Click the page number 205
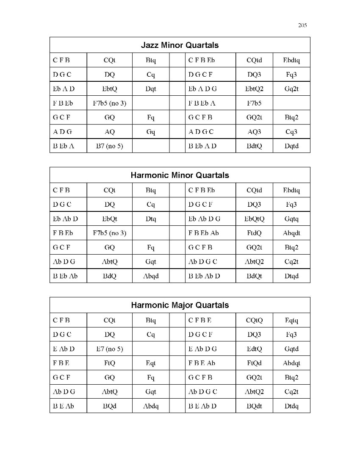tap(302, 25)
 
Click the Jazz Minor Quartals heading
tap(180, 45)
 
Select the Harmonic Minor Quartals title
tap(180, 175)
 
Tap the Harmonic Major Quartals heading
tap(180, 305)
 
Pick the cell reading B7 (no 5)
tap(109, 146)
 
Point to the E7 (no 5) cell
tap(109, 349)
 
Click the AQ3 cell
tap(254, 131)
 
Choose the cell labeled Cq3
tap(291, 131)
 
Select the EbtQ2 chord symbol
tap(254, 89)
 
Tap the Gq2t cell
tap(291, 89)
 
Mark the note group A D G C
tap(201, 131)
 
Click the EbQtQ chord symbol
tap(254, 219)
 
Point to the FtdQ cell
tap(254, 233)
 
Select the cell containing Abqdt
tap(291, 233)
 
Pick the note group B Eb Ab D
tap(204, 276)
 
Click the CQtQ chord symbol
tap(254, 320)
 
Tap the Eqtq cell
tap(291, 320)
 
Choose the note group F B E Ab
tap(202, 363)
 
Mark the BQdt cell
tap(254, 406)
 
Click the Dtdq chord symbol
tap(291, 406)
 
